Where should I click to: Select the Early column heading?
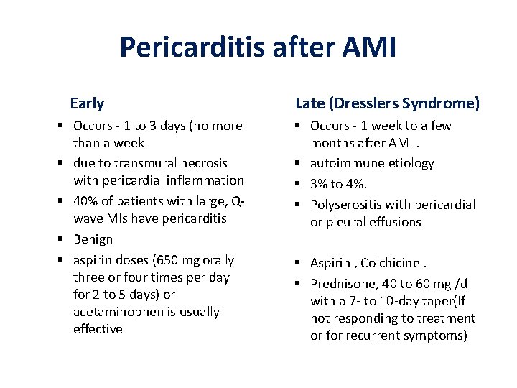point(87,103)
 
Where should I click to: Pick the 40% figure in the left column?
point(87,201)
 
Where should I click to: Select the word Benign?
point(93,239)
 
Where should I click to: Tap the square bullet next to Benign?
point(64,239)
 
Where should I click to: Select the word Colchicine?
point(393,264)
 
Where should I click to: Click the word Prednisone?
point(341,284)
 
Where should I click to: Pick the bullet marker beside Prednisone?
point(301,284)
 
